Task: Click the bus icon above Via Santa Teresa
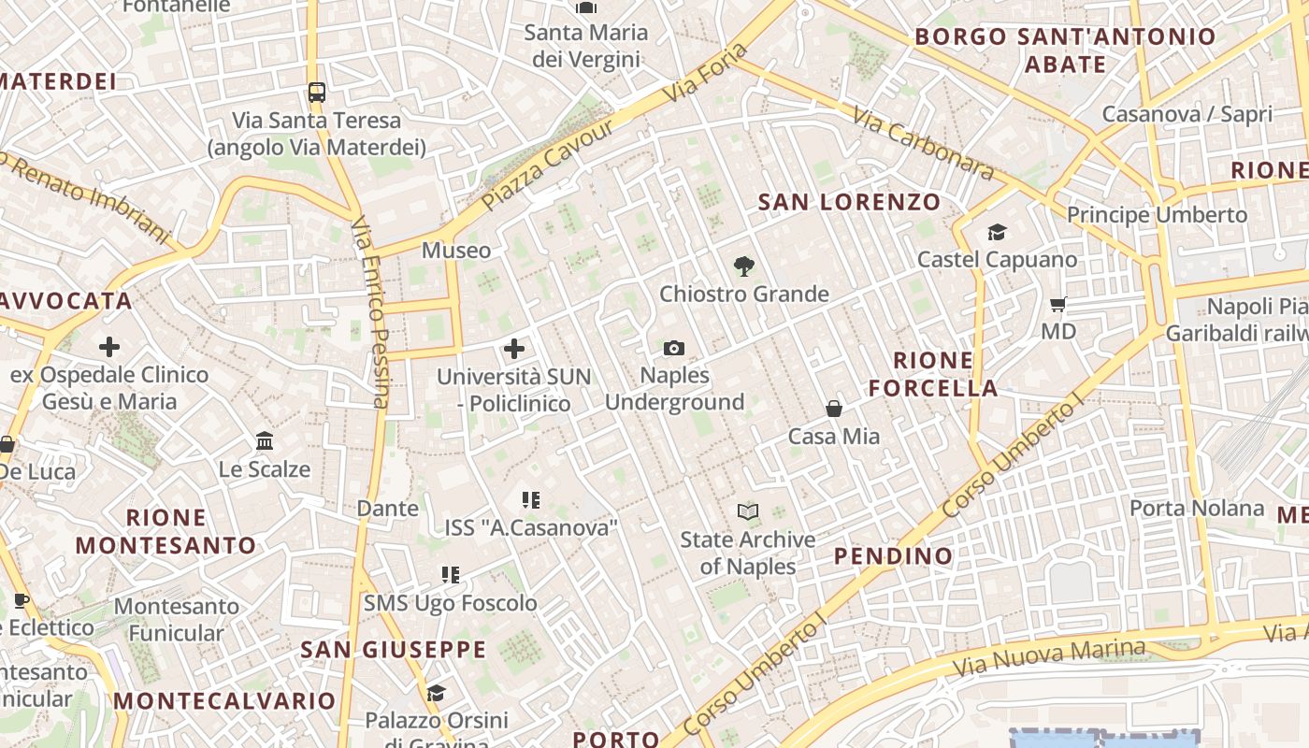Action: (317, 93)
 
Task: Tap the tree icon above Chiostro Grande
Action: (743, 266)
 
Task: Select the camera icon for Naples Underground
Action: (673, 349)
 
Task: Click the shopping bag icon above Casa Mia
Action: (834, 409)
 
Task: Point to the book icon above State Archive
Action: (748, 511)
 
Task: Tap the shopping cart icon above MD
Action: (1058, 304)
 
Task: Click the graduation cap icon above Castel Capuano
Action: (997, 232)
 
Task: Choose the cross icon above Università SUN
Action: (513, 350)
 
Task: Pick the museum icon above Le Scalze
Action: (265, 440)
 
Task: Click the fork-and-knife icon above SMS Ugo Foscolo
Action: (451, 575)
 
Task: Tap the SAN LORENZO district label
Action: (849, 202)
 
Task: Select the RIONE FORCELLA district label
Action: (932, 374)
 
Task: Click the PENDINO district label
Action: (893, 556)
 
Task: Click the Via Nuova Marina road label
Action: (1049, 658)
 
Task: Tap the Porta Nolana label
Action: (1197, 509)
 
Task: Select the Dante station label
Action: (387, 509)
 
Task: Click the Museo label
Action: (455, 251)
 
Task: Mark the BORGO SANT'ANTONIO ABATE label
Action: (1065, 50)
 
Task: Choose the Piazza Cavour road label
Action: (548, 165)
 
